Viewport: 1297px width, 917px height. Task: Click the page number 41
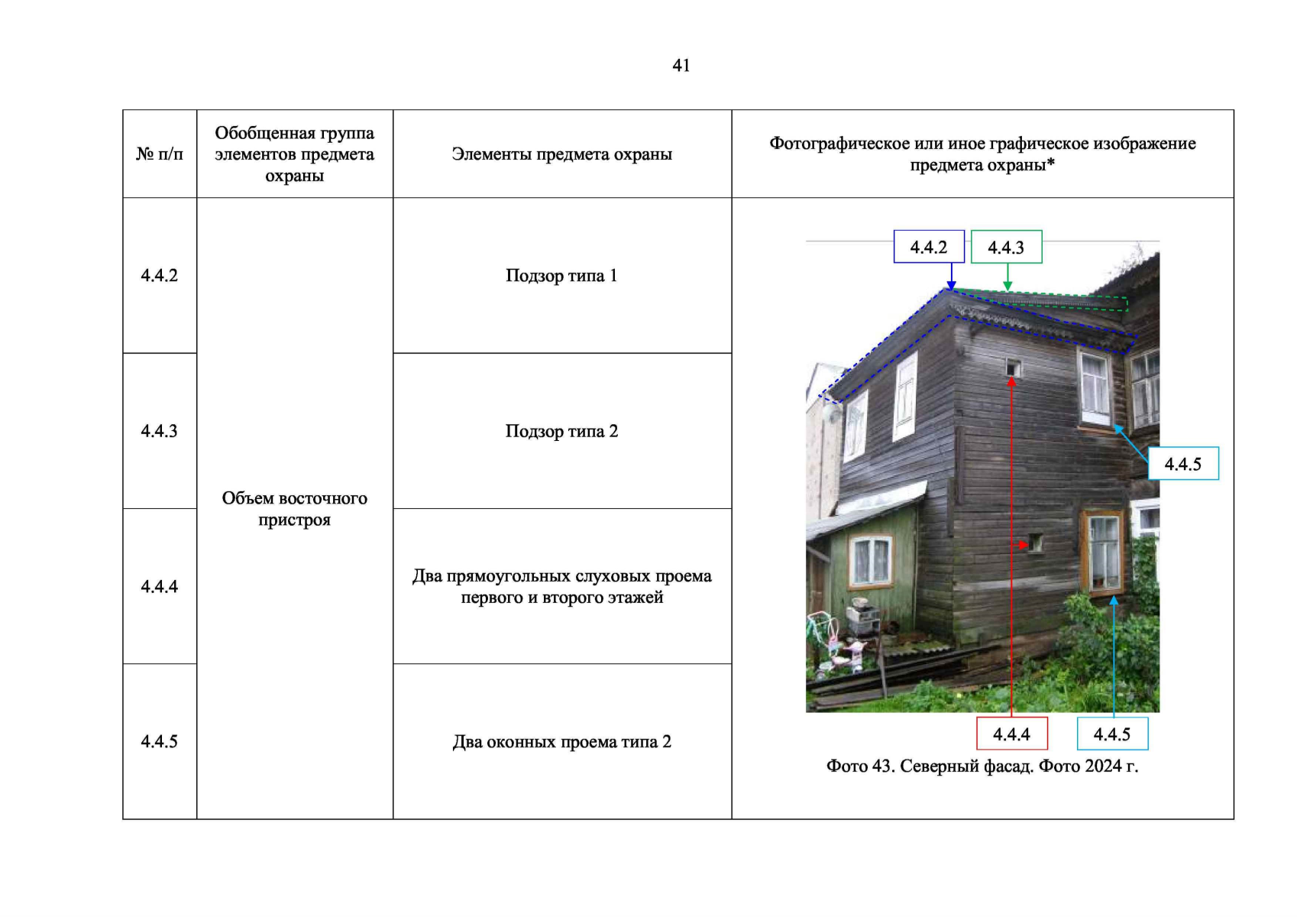pyautogui.click(x=681, y=66)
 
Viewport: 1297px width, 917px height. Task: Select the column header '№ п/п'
pyautogui.click(x=159, y=154)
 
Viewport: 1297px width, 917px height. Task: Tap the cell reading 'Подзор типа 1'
pyautogui.click(x=561, y=276)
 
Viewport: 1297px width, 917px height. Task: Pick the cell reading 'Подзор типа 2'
pyautogui.click(x=561, y=431)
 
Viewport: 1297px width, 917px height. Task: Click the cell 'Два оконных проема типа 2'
pyautogui.click(x=561, y=742)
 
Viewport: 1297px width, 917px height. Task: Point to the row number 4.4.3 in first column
pyautogui.click(x=159, y=431)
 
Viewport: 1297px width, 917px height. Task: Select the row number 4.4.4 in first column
pyautogui.click(x=159, y=587)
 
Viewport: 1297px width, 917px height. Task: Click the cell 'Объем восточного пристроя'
pyautogui.click(x=294, y=509)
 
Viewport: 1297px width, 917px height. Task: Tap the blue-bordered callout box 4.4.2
pyautogui.click(x=929, y=247)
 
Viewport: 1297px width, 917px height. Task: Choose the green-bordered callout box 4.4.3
pyautogui.click(x=1006, y=247)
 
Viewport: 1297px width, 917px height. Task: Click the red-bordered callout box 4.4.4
pyautogui.click(x=1011, y=734)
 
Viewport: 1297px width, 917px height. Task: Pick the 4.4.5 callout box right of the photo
pyautogui.click(x=1183, y=463)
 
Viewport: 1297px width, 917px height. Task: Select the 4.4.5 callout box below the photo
pyautogui.click(x=1112, y=734)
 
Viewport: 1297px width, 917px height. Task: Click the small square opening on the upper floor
pyautogui.click(x=1013, y=368)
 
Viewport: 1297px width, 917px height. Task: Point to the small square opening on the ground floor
pyautogui.click(x=1035, y=543)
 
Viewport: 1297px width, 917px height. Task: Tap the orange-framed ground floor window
pyautogui.click(x=1103, y=552)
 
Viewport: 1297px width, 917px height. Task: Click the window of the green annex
pyautogui.click(x=872, y=562)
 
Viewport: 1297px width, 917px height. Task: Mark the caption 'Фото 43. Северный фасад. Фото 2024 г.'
pyautogui.click(x=982, y=766)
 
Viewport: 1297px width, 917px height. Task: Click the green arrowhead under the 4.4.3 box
pyautogui.click(x=1008, y=286)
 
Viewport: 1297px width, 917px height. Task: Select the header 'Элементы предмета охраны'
pyautogui.click(x=561, y=154)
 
